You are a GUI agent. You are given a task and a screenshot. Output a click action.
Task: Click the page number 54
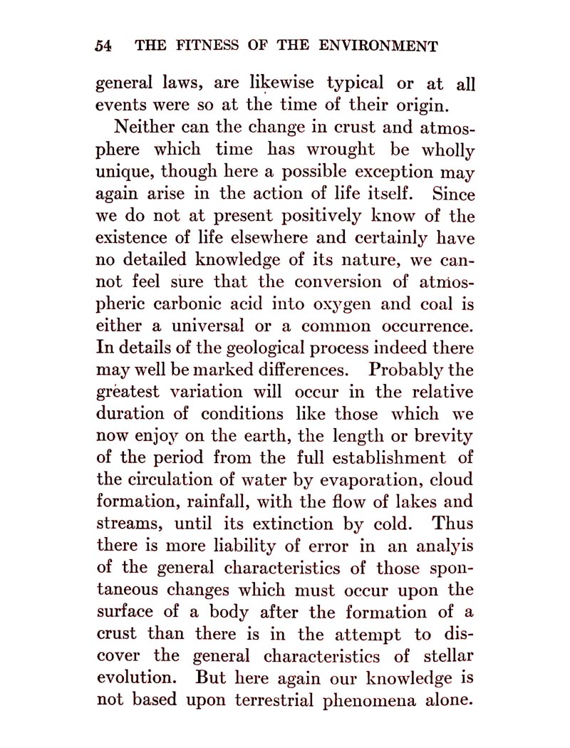[104, 46]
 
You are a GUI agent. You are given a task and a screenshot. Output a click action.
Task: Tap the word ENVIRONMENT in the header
[378, 46]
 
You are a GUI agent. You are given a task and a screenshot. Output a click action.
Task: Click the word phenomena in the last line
[377, 699]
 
